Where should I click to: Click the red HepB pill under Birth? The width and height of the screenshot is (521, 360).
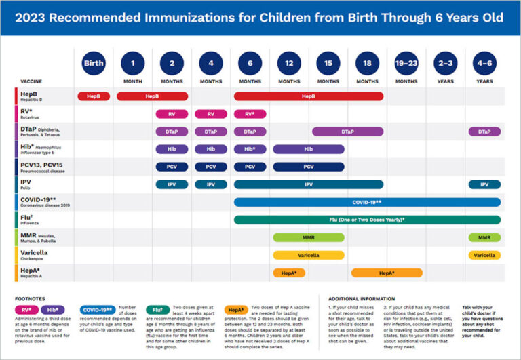coord(94,96)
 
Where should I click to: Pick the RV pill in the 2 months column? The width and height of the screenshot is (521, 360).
coord(172,114)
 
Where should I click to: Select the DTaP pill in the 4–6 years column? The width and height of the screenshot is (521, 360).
coord(484,132)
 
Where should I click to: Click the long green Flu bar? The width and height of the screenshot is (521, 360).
coord(367,220)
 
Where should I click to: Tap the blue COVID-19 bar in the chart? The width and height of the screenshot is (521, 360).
coord(367,202)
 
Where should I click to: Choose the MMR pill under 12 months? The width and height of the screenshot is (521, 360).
coord(289,237)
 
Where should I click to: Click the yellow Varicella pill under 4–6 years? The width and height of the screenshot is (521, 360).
coord(484,255)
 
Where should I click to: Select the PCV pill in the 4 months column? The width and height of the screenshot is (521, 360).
coord(211,167)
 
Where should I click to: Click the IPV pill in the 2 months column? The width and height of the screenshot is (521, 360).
coord(172,184)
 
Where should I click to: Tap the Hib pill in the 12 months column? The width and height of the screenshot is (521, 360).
coord(309,149)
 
